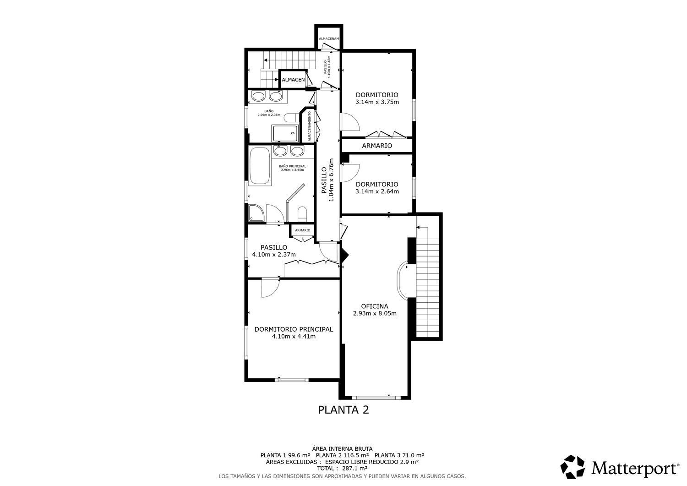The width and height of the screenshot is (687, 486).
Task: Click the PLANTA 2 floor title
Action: [343, 410]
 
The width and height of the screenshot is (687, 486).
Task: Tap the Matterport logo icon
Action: [572, 467]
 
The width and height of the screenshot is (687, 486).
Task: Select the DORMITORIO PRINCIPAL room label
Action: [294, 329]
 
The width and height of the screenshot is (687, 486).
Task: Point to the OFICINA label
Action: [374, 306]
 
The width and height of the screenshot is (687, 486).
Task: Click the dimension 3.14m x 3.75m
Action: [377, 102]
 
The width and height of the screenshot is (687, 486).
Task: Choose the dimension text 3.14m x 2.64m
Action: [377, 191]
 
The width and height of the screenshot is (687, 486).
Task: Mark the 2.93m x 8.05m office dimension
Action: [374, 314]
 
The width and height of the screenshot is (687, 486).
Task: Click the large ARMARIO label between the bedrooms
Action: [377, 146]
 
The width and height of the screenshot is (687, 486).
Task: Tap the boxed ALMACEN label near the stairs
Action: [293, 80]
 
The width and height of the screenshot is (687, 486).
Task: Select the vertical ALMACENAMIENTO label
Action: [310, 126]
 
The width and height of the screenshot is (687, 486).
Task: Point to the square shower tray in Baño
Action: [285, 134]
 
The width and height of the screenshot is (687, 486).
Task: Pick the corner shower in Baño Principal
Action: [256, 213]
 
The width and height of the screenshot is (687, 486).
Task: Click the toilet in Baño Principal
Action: [302, 214]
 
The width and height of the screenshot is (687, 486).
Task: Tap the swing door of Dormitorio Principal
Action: [269, 288]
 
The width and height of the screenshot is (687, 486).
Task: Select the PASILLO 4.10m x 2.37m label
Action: [274, 251]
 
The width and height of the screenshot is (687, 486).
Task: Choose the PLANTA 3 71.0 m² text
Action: [399, 455]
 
